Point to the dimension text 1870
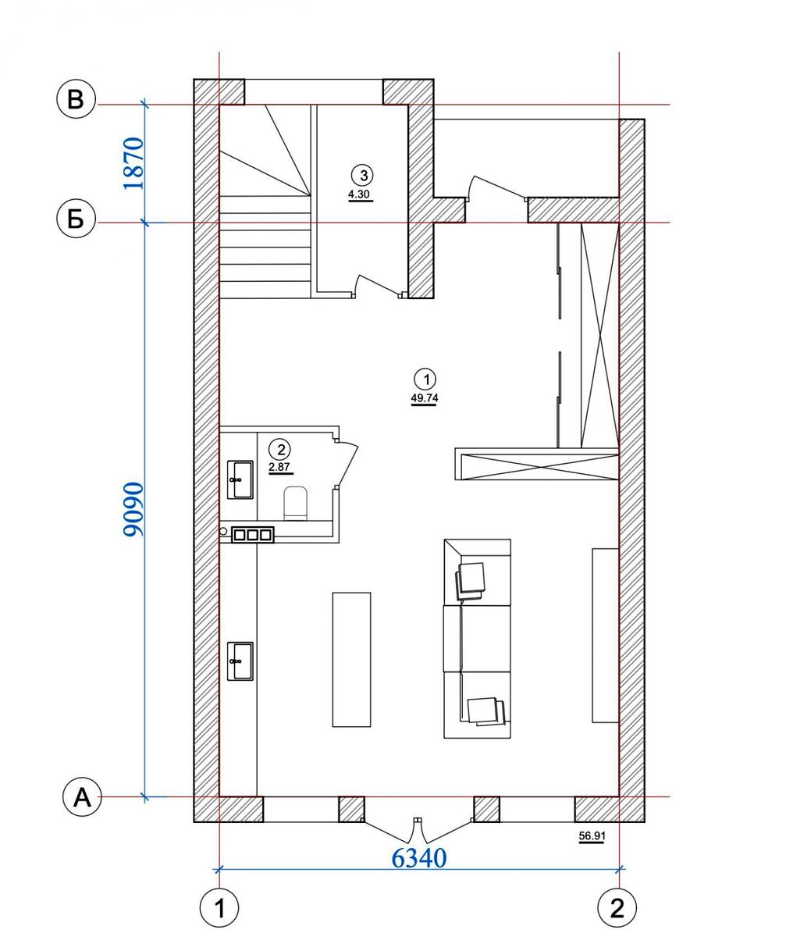click(133, 163)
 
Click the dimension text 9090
click(133, 510)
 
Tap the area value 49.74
click(425, 398)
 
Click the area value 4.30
click(361, 195)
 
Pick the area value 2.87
click(279, 467)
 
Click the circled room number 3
click(364, 176)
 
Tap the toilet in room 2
click(296, 503)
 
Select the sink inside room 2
click(240, 479)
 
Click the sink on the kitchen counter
click(240, 661)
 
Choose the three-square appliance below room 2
click(253, 534)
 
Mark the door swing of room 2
click(347, 464)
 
